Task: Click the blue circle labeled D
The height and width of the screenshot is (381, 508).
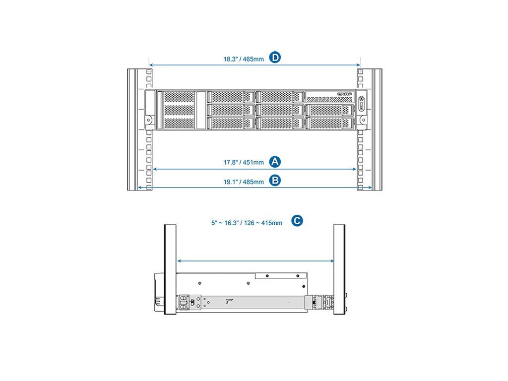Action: coord(275,58)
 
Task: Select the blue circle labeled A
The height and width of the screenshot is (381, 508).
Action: coord(275,161)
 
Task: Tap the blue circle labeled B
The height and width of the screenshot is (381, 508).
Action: coord(275,180)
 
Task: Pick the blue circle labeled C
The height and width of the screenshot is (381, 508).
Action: coord(297,221)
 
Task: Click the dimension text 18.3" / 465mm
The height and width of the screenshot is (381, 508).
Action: coord(240,59)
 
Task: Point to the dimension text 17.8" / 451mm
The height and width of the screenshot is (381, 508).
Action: coord(240,162)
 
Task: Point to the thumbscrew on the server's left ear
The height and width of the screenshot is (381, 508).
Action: coord(148,119)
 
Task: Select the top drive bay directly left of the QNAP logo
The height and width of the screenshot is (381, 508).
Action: coord(280,97)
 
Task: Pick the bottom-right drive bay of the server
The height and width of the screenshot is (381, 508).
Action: coord(329,122)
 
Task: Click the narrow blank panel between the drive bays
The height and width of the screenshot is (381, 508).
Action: coord(200,110)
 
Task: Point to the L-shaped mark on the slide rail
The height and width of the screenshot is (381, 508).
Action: coord(229,301)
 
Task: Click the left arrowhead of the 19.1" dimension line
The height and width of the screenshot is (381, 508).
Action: coord(139,188)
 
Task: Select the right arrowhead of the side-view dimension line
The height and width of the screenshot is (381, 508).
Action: coord(331,260)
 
